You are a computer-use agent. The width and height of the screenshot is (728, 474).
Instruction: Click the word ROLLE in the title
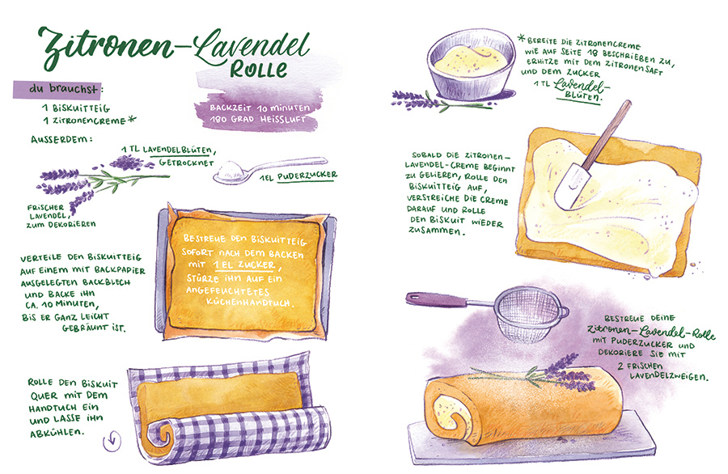(x=259, y=68)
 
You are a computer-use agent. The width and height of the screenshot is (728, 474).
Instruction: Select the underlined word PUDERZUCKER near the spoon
(x=307, y=176)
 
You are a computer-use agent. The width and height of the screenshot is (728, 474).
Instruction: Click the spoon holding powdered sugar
(x=269, y=169)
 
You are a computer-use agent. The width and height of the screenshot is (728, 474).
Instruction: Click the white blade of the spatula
(x=571, y=186)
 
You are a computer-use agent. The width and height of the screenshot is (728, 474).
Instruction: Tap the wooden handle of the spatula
(x=607, y=133)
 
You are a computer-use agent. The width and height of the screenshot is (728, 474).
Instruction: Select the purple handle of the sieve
(x=437, y=299)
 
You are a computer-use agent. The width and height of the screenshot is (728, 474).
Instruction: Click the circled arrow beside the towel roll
(x=112, y=441)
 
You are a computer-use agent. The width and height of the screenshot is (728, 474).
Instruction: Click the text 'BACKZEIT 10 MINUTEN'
(x=259, y=108)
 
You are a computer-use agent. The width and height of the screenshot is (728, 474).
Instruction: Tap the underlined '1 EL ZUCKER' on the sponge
(x=244, y=265)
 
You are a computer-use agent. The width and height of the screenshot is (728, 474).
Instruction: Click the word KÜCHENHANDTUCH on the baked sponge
(x=249, y=302)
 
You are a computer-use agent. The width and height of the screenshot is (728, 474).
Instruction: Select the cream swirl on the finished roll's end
(x=447, y=410)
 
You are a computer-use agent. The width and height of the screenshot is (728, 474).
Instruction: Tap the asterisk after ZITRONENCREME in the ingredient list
(x=132, y=120)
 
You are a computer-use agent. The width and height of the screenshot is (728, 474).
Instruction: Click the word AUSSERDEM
(x=61, y=139)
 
